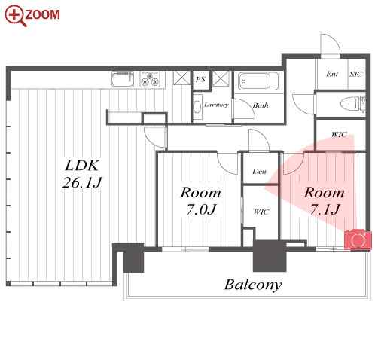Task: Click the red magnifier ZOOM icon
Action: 15,16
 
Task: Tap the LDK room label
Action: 82,166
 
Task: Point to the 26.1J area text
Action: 82,182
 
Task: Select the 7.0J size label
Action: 201,209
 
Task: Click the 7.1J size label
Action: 325,209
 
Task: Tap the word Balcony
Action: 253,285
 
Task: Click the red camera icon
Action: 358,240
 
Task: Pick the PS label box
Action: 200,80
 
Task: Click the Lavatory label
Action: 216,105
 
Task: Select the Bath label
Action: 261,105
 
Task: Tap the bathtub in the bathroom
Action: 258,81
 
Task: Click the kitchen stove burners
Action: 150,79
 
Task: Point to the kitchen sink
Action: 123,79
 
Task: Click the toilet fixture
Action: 351,103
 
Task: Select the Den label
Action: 259,172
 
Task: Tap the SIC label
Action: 356,74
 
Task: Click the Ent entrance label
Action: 332,74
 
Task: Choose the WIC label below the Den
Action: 261,212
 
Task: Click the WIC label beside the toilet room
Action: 339,135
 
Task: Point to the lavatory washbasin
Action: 197,107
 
